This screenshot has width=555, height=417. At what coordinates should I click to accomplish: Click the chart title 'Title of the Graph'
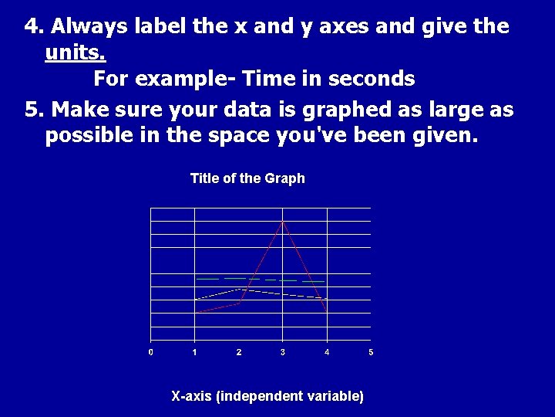(x=247, y=178)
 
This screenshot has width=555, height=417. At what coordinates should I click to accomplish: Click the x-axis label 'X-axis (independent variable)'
(x=267, y=396)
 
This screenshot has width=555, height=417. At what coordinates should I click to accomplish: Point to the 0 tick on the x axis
(x=151, y=352)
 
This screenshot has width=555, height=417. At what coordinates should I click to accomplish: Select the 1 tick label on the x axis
(x=195, y=352)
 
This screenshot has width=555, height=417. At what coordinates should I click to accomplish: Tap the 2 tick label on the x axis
(x=239, y=352)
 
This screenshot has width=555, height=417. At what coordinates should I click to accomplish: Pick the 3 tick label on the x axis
(x=283, y=352)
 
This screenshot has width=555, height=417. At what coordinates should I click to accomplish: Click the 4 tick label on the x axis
(x=327, y=352)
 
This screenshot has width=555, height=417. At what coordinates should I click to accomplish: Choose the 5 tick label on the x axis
(x=371, y=352)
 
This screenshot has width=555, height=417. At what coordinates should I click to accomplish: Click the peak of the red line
(x=284, y=221)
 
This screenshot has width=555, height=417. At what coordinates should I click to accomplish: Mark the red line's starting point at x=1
(x=196, y=311)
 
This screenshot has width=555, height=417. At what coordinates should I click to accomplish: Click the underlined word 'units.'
(x=76, y=53)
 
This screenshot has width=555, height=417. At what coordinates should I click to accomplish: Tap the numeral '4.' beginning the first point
(x=34, y=26)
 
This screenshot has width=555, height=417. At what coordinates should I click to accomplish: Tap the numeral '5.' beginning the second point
(x=34, y=109)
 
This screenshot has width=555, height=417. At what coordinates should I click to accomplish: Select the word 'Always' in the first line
(x=89, y=26)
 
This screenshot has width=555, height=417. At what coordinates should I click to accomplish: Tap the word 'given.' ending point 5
(x=449, y=136)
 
